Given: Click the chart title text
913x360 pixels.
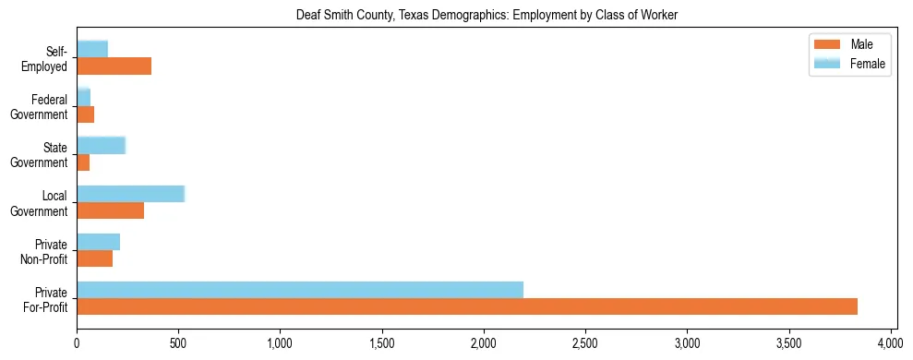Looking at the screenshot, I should tap(486, 15).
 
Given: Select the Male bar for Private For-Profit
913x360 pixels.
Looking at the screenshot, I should tap(467, 306).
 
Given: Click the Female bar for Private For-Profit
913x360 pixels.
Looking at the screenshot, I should tap(300, 290).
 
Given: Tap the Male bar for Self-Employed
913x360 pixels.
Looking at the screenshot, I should tap(114, 66).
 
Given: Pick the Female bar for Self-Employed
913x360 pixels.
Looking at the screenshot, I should tap(92, 49).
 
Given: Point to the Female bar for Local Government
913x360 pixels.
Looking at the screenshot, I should tap(130, 194).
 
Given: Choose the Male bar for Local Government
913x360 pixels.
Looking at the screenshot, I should tap(110, 210).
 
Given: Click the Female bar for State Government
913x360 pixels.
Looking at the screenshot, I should tap(101, 145).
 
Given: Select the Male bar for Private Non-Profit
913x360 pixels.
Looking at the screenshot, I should tap(94, 258).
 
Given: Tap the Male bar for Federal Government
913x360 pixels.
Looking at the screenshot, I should tap(85, 114).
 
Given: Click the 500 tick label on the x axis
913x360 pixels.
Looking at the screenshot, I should tap(178, 342).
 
